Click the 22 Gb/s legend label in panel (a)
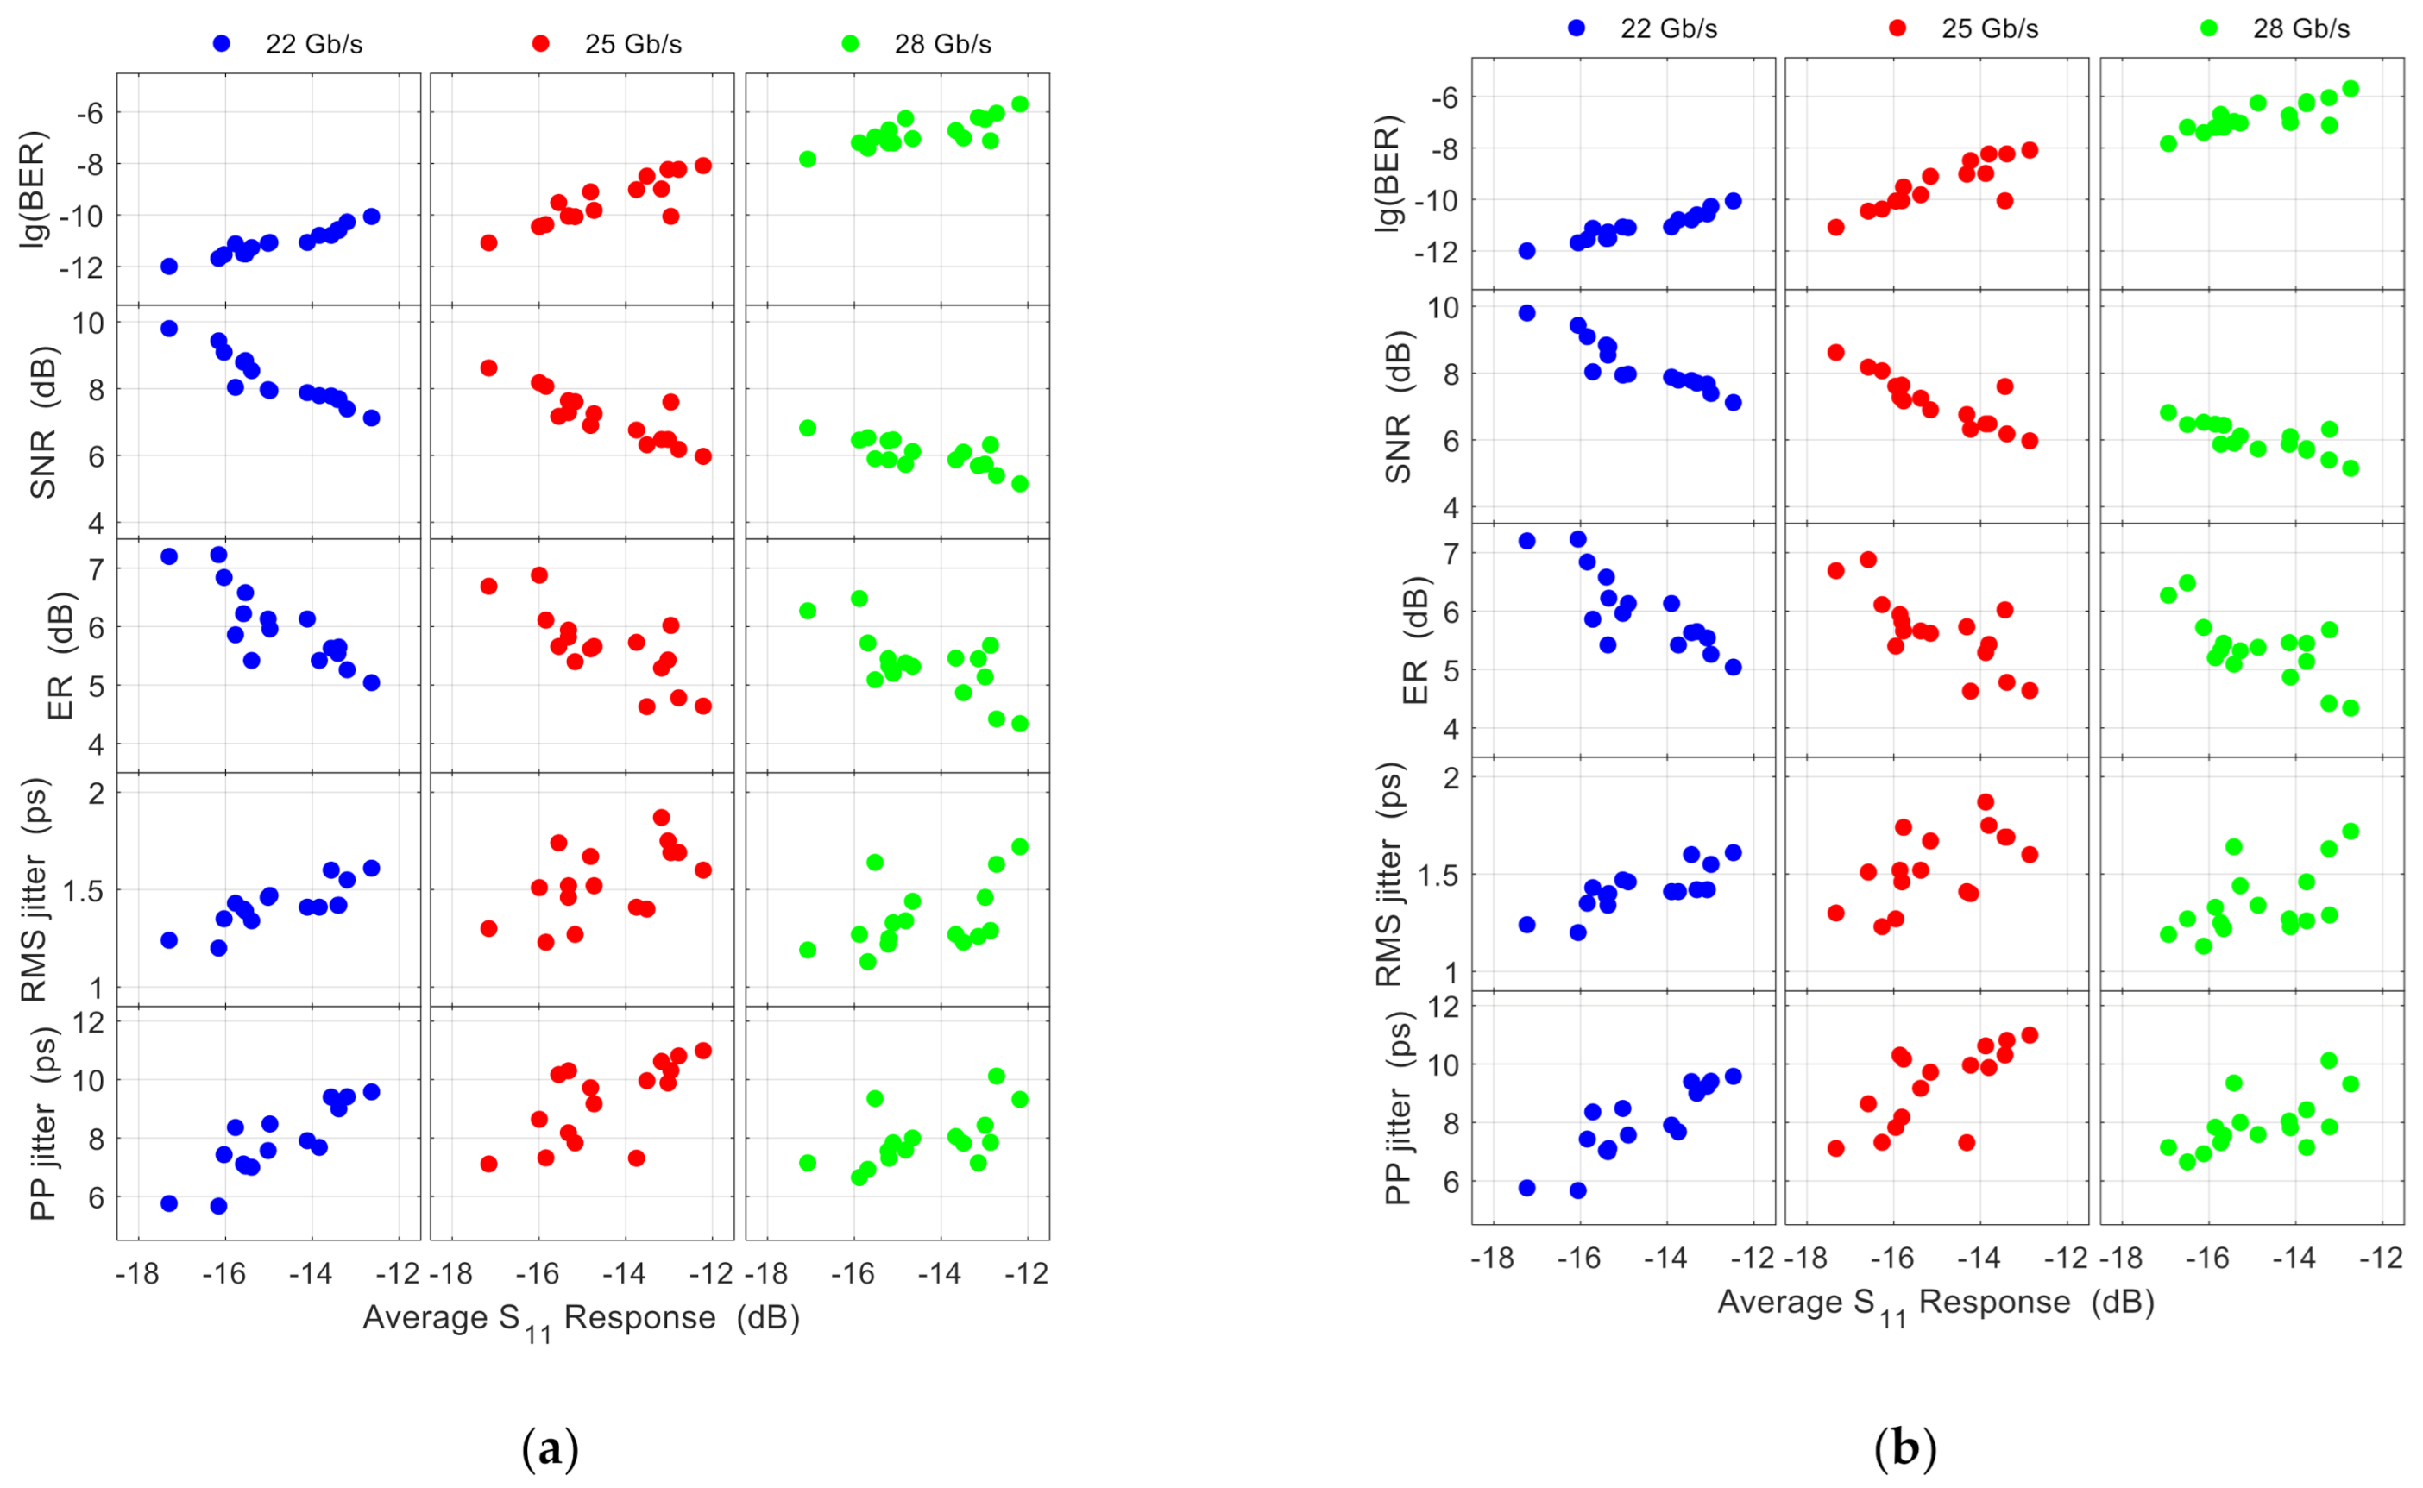point(313,44)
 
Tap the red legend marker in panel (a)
point(540,43)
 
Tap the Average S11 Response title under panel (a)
point(581,1320)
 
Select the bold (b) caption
point(1904,1448)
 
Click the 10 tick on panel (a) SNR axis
point(90,323)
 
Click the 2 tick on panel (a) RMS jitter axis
point(97,794)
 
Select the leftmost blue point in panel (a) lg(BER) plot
point(168,266)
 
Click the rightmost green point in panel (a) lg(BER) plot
point(1020,104)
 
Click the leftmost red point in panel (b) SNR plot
point(1835,352)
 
